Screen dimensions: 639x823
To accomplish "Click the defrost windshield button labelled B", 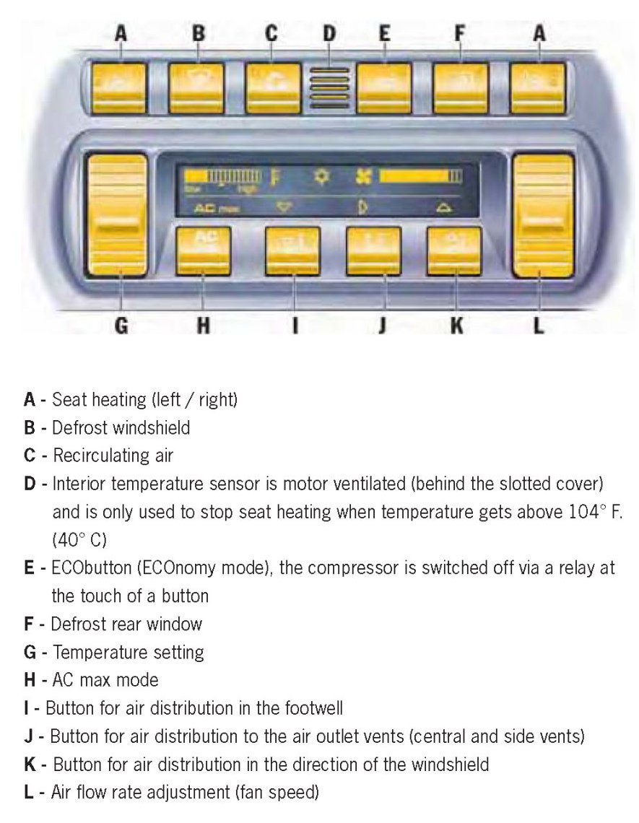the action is pyautogui.click(x=196, y=87).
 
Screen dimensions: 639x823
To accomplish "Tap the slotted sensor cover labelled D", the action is pyautogui.click(x=329, y=88).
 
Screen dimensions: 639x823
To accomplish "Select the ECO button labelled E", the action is pyautogui.click(x=384, y=87).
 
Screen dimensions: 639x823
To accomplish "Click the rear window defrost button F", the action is pyautogui.click(x=461, y=87).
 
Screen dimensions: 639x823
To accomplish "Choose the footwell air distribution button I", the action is pyautogui.click(x=292, y=251).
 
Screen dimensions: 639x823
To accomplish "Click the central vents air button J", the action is pyautogui.click(x=373, y=251).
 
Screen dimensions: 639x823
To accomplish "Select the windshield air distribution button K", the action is pyautogui.click(x=453, y=251).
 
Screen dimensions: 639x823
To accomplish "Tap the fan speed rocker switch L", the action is pyautogui.click(x=543, y=214).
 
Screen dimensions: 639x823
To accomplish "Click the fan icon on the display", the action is pyautogui.click(x=363, y=175).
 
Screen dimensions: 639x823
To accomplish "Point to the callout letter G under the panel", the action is pyautogui.click(x=121, y=326).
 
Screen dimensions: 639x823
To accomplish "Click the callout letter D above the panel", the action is pyautogui.click(x=329, y=32).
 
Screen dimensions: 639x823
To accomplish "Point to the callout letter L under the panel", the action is pyautogui.click(x=539, y=326).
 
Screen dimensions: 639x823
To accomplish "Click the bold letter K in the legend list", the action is pyautogui.click(x=30, y=763).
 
